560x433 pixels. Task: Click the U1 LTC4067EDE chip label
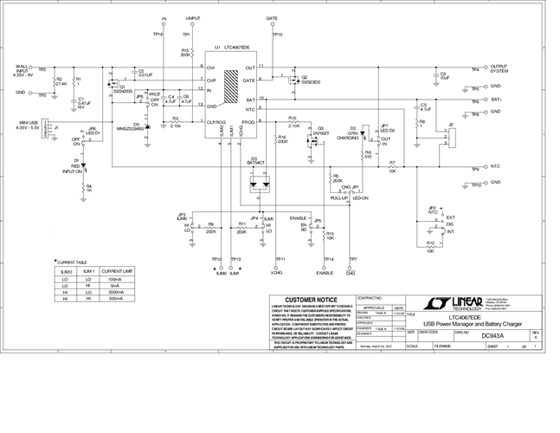pos(232,48)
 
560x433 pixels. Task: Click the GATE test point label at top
pos(272,18)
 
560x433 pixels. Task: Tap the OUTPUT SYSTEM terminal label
pos(499,68)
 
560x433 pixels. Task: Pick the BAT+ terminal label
pos(496,100)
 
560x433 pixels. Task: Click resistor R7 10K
pos(393,167)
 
